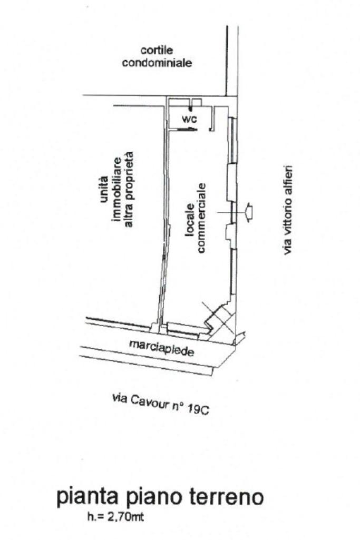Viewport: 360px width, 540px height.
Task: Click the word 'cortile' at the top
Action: point(157,51)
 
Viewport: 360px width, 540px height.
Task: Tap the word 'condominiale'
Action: point(157,63)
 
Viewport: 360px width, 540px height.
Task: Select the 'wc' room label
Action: point(189,119)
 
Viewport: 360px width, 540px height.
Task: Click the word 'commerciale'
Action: point(202,218)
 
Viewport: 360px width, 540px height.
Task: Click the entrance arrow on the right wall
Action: point(249,211)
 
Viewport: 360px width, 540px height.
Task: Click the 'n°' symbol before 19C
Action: point(179,407)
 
